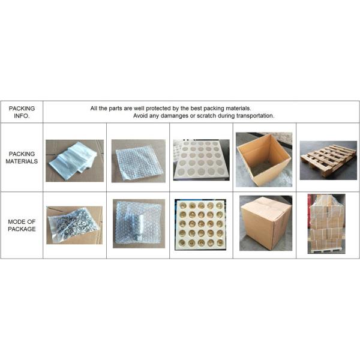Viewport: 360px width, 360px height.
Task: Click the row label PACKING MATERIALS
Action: (x=22, y=157)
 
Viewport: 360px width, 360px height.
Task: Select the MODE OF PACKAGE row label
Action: (x=22, y=225)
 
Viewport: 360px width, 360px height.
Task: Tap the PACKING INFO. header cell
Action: (x=22, y=112)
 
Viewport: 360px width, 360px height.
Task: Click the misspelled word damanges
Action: (x=174, y=116)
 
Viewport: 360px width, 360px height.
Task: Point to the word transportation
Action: (x=256, y=116)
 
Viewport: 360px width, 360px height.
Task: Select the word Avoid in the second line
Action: (x=140, y=116)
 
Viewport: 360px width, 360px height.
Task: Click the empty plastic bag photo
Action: (x=74, y=161)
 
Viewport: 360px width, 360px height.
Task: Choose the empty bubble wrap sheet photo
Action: (x=139, y=161)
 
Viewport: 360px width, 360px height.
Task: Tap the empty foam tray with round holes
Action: (x=202, y=160)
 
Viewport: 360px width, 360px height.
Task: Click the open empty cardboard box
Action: (x=264, y=160)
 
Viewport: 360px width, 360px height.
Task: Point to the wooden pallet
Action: (x=328, y=160)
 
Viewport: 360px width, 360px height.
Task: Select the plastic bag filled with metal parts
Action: (x=74, y=225)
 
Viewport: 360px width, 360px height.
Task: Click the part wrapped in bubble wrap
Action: (x=139, y=224)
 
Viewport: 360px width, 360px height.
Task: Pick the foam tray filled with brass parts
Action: (x=200, y=225)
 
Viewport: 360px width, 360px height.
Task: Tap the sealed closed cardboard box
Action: (x=266, y=223)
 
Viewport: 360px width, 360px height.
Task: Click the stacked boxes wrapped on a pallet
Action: (x=326, y=224)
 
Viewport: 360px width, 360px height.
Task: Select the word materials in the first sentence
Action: (x=238, y=109)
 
